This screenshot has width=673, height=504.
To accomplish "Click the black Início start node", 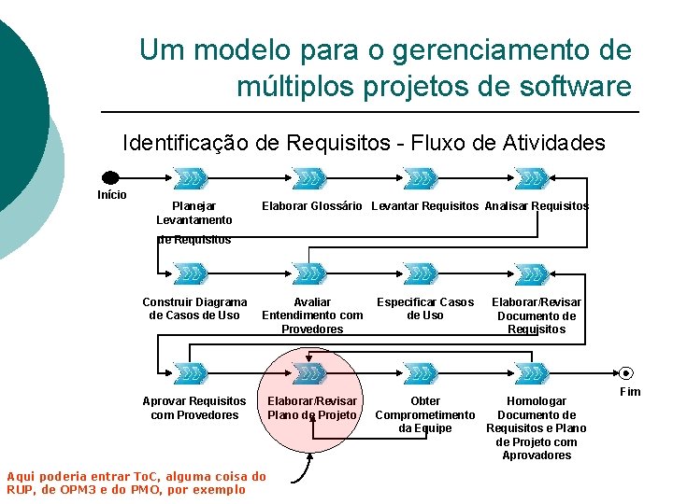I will [110, 177].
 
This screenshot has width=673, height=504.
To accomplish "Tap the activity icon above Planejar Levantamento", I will [192, 177].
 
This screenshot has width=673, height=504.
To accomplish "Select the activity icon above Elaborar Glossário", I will [308, 177].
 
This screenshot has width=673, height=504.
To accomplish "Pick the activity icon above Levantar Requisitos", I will [421, 177].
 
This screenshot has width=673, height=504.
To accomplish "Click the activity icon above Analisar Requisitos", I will [532, 177].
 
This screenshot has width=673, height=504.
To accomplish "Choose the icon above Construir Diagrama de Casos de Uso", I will [192, 274].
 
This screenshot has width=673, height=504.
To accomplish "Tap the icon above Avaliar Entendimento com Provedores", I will [308, 274].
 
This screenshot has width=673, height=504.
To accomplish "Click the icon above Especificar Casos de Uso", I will [421, 274].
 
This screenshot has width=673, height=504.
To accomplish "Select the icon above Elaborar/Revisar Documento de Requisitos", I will [532, 274].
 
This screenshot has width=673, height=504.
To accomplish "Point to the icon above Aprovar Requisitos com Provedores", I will [192, 373].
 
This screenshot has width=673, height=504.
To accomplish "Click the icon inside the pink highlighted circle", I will [308, 373].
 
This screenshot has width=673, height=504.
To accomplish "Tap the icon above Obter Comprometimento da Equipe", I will [421, 373].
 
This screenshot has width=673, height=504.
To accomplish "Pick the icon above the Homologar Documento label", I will [532, 373].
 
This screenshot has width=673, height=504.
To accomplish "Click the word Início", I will [112, 195].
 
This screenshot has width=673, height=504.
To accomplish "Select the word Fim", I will [630, 392].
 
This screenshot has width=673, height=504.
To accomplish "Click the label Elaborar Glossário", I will [311, 206].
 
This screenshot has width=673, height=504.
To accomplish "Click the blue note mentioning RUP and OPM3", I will [136, 483].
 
